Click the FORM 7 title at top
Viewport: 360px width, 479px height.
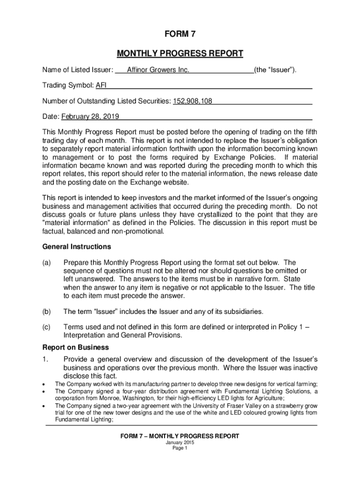click(180, 34)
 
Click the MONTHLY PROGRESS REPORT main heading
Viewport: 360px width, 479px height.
click(180, 53)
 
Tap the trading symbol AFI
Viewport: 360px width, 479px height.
click(101, 86)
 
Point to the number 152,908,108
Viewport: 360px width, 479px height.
click(193, 101)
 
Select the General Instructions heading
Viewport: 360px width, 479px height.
click(77, 247)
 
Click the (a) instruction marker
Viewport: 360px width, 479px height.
click(47, 263)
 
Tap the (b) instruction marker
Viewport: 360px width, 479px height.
click(47, 312)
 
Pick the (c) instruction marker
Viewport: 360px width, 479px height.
click(47, 327)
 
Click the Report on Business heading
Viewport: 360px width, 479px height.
click(75, 348)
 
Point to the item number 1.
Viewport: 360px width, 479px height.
click(45, 359)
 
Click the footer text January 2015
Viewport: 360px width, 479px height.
click(180, 443)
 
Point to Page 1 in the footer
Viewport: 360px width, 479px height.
click(180, 448)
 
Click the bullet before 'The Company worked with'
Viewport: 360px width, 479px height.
click(44, 383)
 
